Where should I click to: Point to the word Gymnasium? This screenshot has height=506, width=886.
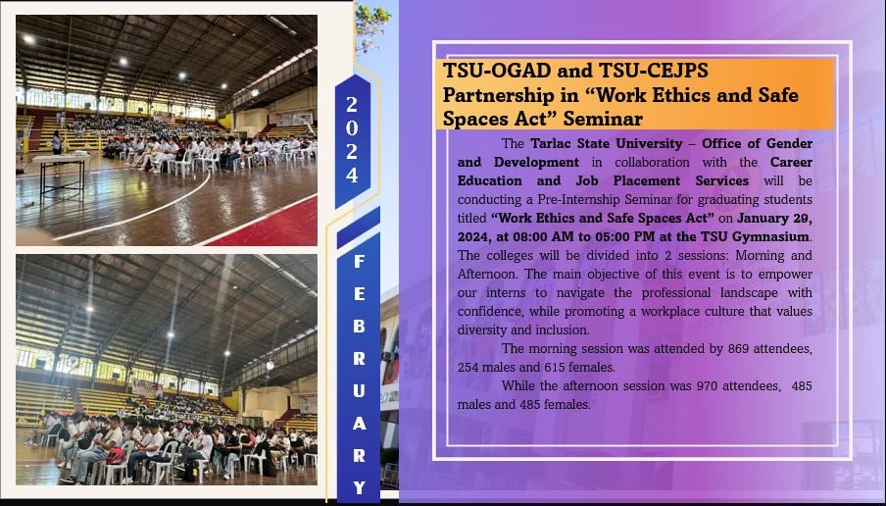click(772, 237)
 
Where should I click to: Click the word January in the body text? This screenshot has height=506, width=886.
click(763, 219)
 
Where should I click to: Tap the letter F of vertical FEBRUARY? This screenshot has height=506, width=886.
click(359, 261)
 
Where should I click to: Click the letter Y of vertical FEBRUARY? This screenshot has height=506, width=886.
click(359, 487)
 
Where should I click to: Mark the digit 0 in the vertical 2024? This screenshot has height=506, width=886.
click(352, 127)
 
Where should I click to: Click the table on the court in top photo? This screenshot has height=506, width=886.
click(60, 176)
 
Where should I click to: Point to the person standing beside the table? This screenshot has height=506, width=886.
click(57, 142)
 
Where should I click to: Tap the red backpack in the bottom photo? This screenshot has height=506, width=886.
click(116, 456)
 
